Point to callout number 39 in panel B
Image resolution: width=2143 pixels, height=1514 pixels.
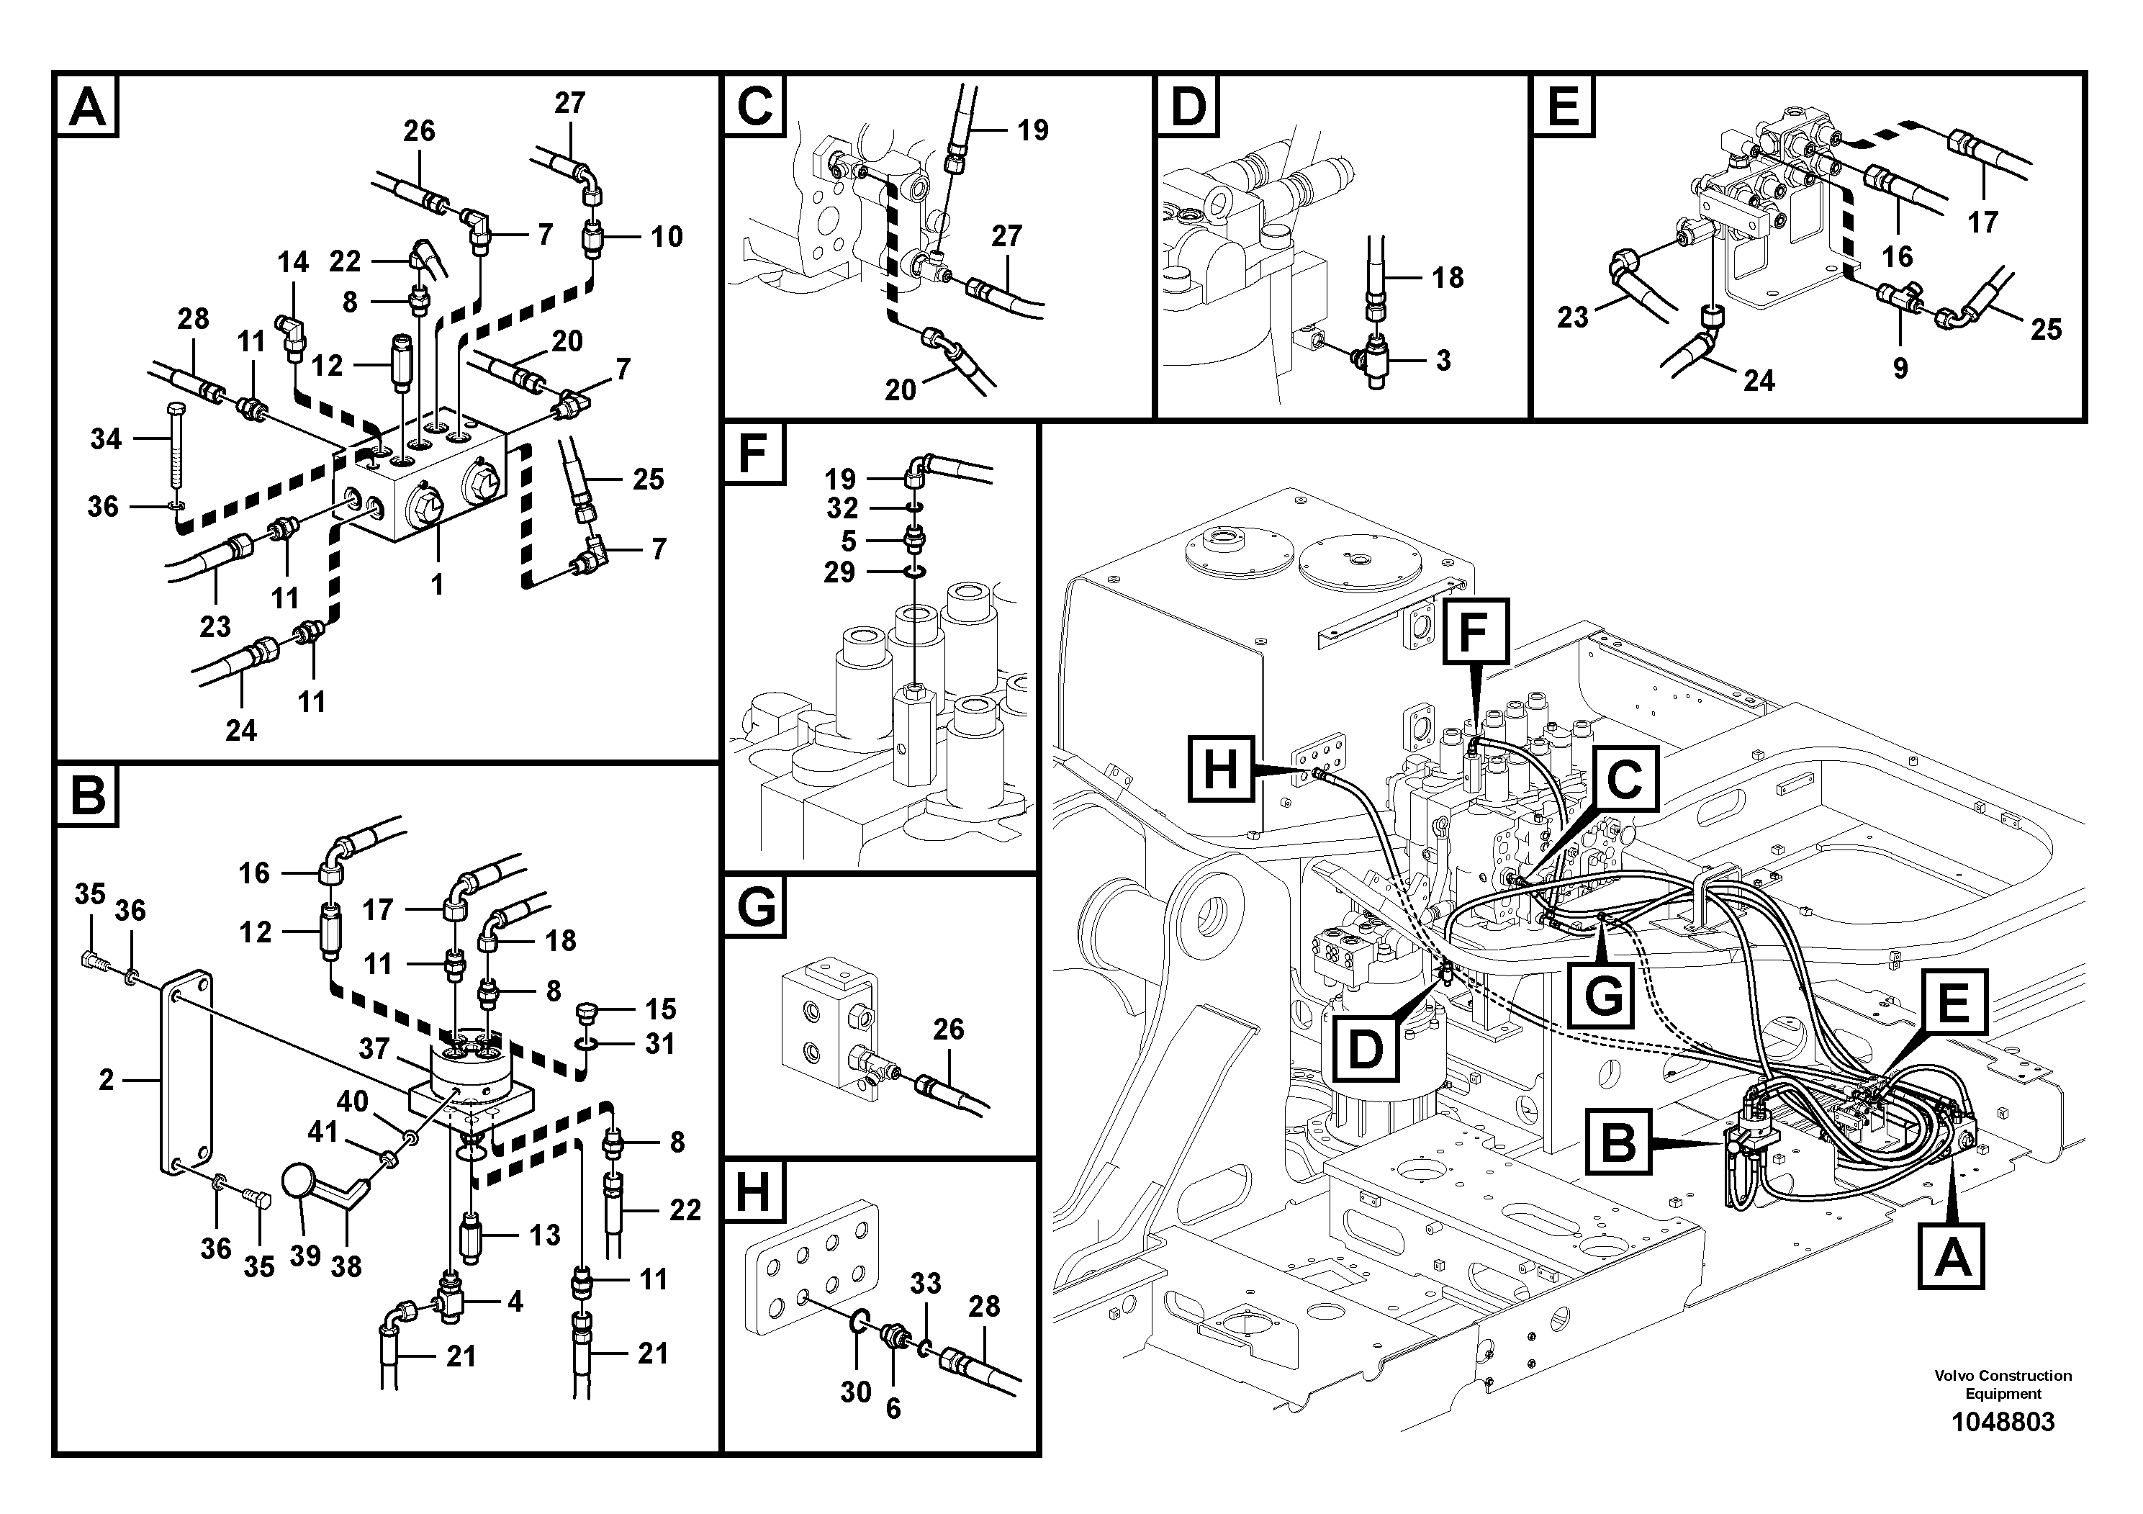click(305, 1256)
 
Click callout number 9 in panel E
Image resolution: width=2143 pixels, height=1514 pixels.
click(1900, 368)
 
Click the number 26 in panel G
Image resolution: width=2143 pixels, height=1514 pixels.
click(947, 1029)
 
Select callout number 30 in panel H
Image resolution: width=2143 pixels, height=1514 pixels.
click(855, 1392)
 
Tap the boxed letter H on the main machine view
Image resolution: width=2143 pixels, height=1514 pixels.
click(1220, 770)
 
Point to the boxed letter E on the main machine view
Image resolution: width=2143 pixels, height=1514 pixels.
click(1954, 1004)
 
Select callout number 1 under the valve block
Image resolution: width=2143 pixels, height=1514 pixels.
click(436, 585)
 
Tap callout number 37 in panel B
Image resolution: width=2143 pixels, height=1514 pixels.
click(374, 1049)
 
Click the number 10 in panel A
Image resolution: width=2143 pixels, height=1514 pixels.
click(667, 236)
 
